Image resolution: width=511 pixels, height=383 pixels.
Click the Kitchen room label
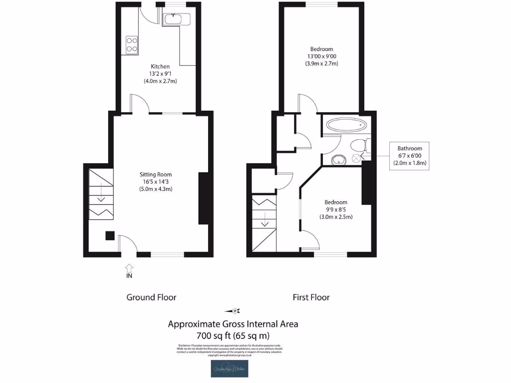click(x=160, y=66)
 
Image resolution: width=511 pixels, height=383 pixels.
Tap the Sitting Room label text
click(x=155, y=175)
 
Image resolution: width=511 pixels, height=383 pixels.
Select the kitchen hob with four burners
click(x=132, y=44)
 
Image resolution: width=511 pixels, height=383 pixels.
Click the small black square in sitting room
click(x=109, y=235)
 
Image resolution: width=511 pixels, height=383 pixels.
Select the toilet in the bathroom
click(x=359, y=145)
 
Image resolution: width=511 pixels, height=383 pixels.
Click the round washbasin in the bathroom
click(x=338, y=160)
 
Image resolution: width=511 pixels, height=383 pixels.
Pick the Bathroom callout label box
click(x=409, y=156)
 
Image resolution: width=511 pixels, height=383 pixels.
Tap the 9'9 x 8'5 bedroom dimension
click(x=336, y=209)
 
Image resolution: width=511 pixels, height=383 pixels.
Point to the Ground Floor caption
click(x=151, y=297)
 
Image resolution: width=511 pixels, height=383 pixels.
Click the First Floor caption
click(x=311, y=297)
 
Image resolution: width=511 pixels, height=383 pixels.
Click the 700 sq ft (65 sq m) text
click(x=233, y=335)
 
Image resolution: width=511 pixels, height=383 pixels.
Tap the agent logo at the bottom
click(x=233, y=369)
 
